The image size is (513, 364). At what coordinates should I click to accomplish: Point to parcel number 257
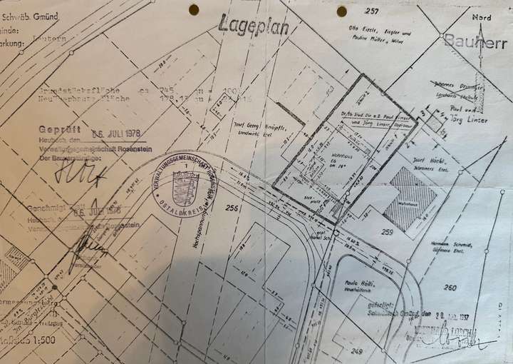370,11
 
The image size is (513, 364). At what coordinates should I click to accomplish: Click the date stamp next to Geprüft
118,133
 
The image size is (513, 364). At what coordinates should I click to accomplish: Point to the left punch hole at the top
193,10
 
